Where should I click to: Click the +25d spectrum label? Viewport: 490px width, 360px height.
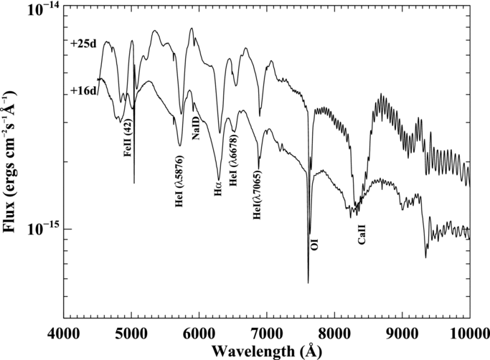point(83,44)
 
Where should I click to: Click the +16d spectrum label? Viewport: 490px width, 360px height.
point(83,90)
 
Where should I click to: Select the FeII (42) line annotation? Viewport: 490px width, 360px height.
point(128,138)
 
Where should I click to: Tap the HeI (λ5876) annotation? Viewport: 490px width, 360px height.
point(179,181)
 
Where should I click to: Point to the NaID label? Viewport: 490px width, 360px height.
point(196,128)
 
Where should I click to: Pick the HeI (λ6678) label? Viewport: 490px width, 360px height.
point(234,160)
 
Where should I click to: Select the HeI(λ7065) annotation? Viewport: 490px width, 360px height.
point(257,195)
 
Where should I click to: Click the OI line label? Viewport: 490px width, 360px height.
point(315,245)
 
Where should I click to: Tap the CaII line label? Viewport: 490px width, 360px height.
point(362,235)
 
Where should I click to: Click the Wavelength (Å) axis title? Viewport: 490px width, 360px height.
point(267,351)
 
